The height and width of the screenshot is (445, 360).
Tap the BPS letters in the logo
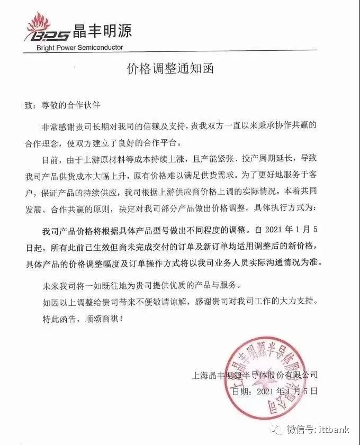coord(50,35)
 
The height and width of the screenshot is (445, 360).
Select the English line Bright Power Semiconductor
coord(80,47)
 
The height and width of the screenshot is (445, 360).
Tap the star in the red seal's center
coord(276,373)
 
